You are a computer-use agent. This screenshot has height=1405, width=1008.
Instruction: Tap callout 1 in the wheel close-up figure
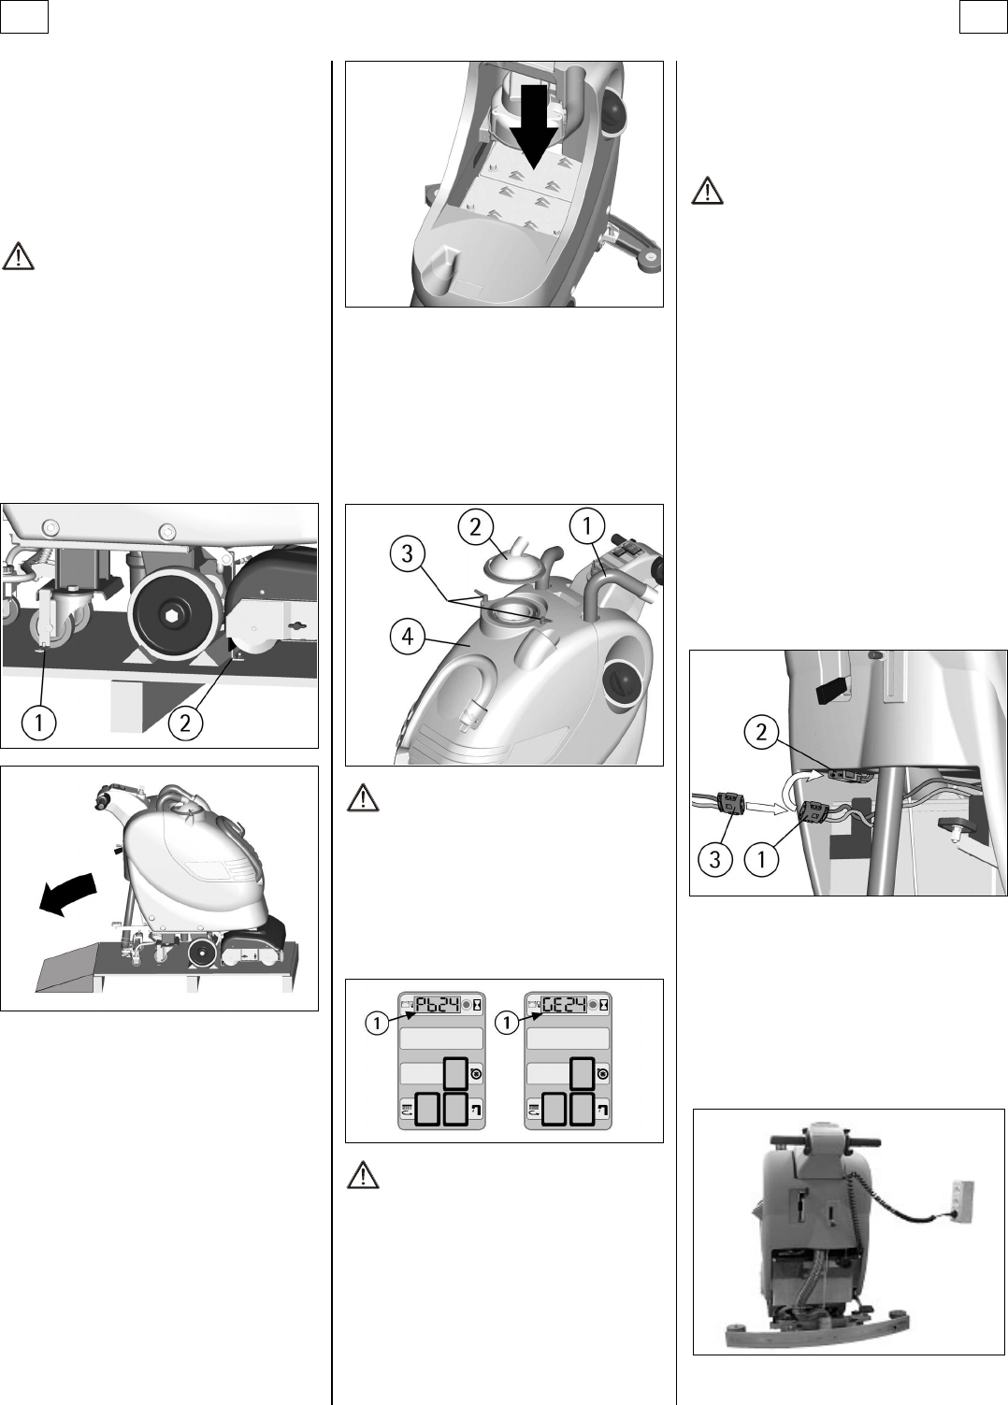[x=39, y=722]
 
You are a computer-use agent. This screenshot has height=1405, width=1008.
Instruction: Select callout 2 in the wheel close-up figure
[x=185, y=722]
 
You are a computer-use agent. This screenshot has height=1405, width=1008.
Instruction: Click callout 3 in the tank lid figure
[x=407, y=553]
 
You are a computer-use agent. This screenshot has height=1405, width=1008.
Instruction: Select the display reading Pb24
[x=438, y=1004]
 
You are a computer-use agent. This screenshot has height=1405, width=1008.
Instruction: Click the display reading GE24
[x=563, y=1004]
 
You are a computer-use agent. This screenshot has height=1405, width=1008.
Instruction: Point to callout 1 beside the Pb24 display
[x=377, y=1024]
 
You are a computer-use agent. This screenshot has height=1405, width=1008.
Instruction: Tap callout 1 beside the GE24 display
[x=507, y=1024]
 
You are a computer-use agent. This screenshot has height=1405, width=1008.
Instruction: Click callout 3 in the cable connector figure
[x=715, y=859]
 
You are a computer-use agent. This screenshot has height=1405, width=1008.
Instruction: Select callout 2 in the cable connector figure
[x=761, y=732]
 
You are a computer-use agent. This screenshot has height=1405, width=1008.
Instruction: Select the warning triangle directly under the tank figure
[x=363, y=797]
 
